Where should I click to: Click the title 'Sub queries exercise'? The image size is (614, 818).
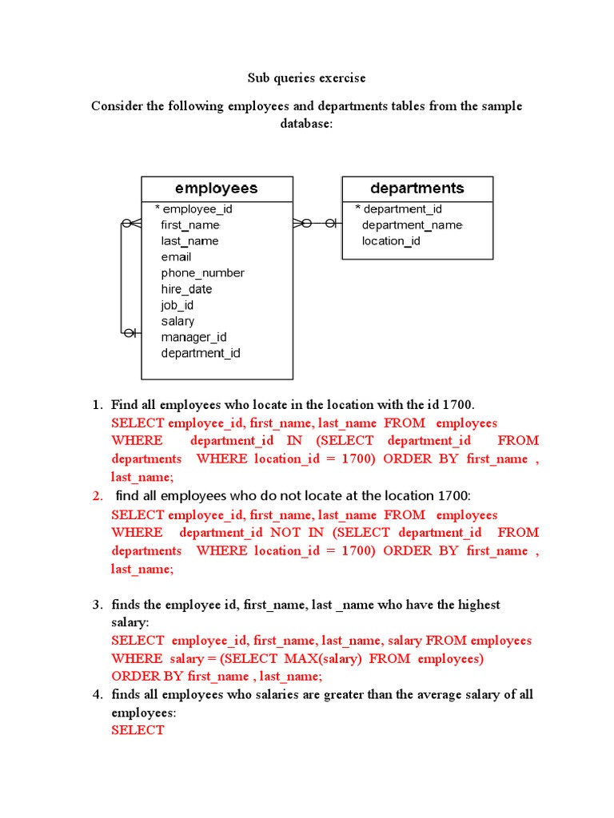pos(305,78)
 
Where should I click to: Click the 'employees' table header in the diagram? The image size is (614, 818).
pos(216,189)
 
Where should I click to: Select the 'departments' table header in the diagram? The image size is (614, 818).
pos(417,189)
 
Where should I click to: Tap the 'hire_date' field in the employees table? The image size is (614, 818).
pos(186,289)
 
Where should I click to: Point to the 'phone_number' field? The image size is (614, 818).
pos(202,273)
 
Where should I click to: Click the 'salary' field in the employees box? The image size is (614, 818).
pos(177,321)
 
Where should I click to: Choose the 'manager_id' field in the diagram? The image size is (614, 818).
pos(193,337)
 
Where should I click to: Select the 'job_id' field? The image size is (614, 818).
pos(177,305)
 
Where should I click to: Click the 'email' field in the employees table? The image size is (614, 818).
pos(176,257)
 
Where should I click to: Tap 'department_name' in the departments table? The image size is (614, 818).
pos(412,225)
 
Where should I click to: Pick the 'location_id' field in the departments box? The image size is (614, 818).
pos(391,241)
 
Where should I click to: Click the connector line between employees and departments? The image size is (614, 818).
pos(318,224)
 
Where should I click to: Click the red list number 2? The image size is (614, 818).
pos(98,496)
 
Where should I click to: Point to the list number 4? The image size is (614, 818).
pos(98,694)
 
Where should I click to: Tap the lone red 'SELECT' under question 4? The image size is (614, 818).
pos(138,730)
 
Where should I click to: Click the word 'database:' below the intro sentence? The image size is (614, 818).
pos(305,124)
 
